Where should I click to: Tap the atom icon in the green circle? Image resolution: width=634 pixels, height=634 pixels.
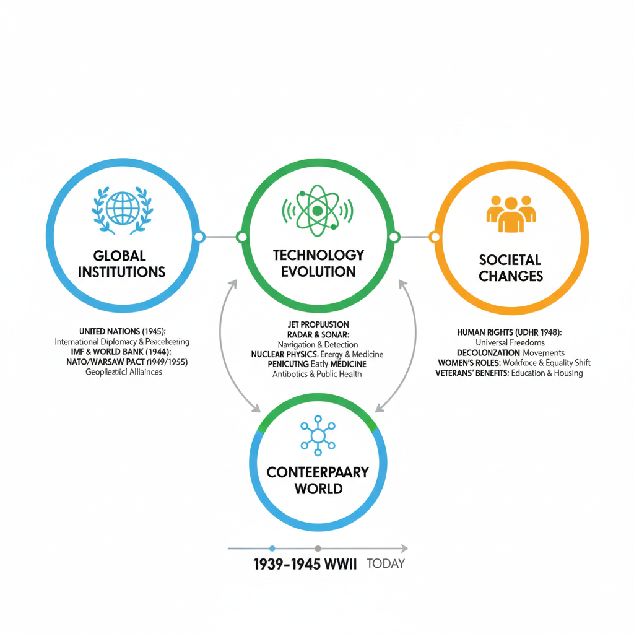(x=318, y=210)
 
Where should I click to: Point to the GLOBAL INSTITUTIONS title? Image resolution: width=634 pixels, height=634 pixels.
(x=122, y=263)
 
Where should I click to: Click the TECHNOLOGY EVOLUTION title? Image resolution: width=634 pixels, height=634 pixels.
(x=318, y=263)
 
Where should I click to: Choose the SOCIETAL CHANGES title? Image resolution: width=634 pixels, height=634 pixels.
(x=511, y=267)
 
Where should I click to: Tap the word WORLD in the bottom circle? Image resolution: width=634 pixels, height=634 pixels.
(x=318, y=489)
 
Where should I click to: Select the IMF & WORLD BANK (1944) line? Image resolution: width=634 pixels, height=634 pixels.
(x=122, y=352)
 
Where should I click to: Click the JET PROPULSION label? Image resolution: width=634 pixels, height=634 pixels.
(x=318, y=324)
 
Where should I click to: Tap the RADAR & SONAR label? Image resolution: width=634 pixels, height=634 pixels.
(x=318, y=334)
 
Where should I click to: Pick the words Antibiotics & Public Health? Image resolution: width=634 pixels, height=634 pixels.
(x=317, y=374)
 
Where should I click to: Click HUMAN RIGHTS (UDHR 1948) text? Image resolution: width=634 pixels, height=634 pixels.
(x=509, y=332)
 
